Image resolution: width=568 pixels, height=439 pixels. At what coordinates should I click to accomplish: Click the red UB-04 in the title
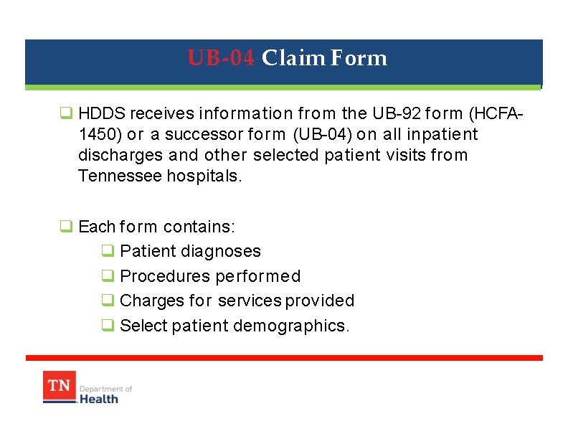click(x=221, y=58)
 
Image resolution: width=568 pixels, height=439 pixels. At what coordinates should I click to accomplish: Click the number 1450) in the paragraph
click(x=100, y=134)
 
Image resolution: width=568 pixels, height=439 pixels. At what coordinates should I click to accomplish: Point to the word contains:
click(x=199, y=227)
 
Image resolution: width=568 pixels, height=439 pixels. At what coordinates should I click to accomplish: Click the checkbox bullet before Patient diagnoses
click(x=107, y=251)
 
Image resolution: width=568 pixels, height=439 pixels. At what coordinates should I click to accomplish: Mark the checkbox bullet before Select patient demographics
click(x=107, y=326)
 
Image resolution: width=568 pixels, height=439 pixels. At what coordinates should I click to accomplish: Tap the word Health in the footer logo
click(x=99, y=398)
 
